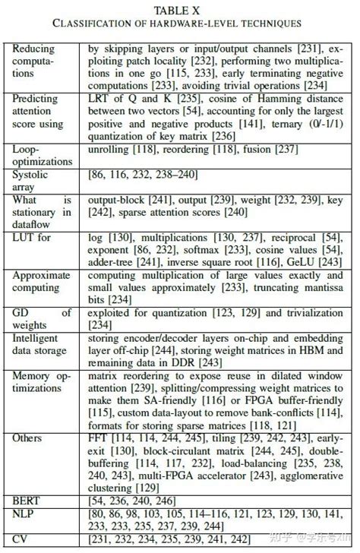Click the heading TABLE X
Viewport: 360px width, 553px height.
179,10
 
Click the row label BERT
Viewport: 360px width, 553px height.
27,501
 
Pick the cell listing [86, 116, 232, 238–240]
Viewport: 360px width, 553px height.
137,175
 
